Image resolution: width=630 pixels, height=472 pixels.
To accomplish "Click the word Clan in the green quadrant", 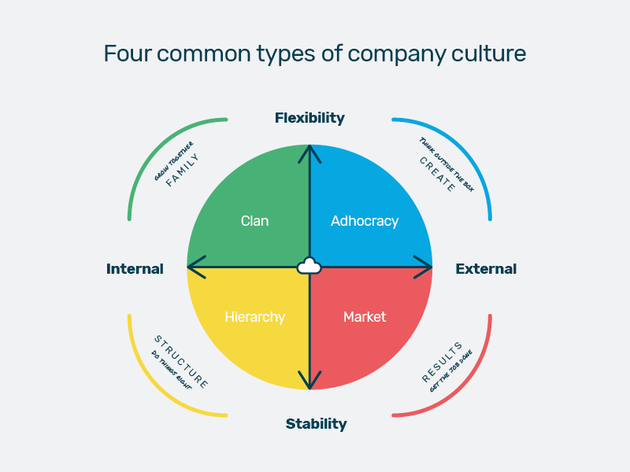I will click(254, 221).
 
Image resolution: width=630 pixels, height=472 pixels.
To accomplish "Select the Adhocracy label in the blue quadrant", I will click(365, 221).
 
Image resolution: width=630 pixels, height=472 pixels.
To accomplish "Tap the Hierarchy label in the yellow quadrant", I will click(254, 317).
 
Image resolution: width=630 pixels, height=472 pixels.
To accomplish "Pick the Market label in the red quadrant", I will click(365, 317).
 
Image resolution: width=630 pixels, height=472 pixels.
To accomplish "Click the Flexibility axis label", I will click(309, 118).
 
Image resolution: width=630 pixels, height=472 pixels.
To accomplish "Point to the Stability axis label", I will click(316, 424).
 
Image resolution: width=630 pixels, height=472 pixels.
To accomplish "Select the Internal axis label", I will click(135, 269).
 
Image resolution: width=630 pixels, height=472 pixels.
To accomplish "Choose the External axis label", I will click(486, 269).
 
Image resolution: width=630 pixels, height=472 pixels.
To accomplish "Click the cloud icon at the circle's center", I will click(309, 266).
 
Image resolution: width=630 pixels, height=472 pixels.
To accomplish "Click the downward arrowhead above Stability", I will click(309, 382).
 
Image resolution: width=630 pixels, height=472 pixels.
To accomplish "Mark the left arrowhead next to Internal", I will click(194, 267).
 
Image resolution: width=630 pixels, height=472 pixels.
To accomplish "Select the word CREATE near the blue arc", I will click(437, 174).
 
